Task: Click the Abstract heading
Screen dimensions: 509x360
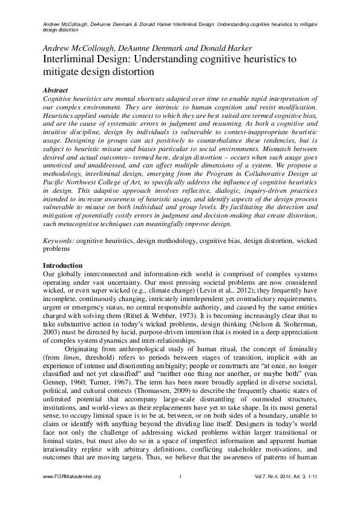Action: [56, 88]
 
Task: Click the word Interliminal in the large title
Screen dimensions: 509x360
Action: [70, 59]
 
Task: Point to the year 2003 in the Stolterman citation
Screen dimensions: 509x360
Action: [52, 332]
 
